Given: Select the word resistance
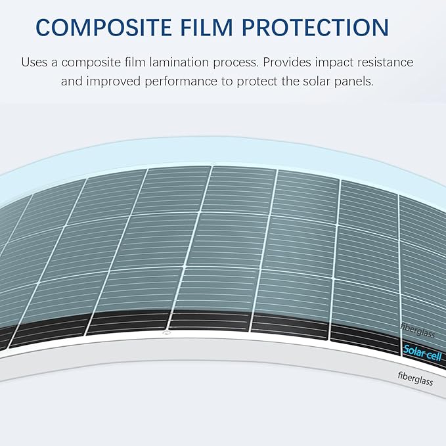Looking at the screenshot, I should coord(389,63).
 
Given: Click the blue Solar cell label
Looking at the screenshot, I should coord(422,353).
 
